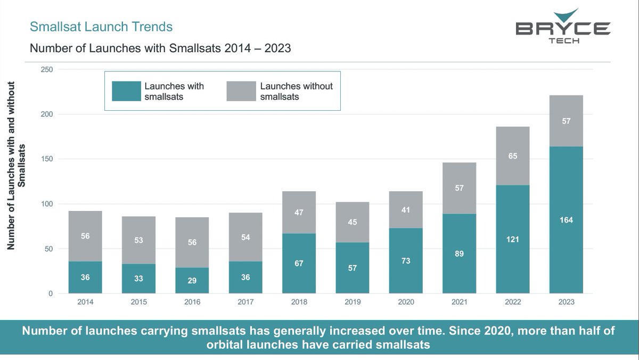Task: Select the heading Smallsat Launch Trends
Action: (101, 27)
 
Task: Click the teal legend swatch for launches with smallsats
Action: (125, 91)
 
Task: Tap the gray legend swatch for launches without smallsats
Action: (240, 91)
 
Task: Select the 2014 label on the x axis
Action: (85, 302)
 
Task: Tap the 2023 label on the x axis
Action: (566, 302)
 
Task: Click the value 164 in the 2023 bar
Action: (566, 220)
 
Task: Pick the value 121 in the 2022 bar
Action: (513, 239)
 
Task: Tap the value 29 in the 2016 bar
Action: (192, 280)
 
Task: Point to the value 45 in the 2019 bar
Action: (353, 222)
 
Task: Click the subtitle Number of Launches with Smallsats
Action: (160, 48)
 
